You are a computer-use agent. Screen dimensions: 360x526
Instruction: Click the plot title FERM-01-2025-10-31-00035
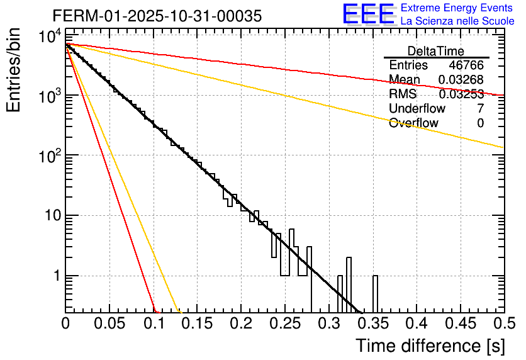(157, 16)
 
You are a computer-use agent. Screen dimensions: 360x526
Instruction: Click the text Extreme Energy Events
(457, 8)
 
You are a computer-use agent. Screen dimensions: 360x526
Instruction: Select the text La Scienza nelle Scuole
(457, 21)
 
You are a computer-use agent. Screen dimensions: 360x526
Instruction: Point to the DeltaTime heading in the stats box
(436, 51)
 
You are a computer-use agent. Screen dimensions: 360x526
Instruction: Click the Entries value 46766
(466, 65)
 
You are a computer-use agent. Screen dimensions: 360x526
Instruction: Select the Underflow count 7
(480, 109)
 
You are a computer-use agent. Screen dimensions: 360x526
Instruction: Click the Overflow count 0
(480, 123)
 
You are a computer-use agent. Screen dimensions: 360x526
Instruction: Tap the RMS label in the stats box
(403, 94)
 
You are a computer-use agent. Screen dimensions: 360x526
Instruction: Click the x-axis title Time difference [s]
(429, 346)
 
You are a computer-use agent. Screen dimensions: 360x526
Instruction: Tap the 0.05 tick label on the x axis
(109, 324)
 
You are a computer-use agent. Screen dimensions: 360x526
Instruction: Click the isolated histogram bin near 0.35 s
(376, 293)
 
